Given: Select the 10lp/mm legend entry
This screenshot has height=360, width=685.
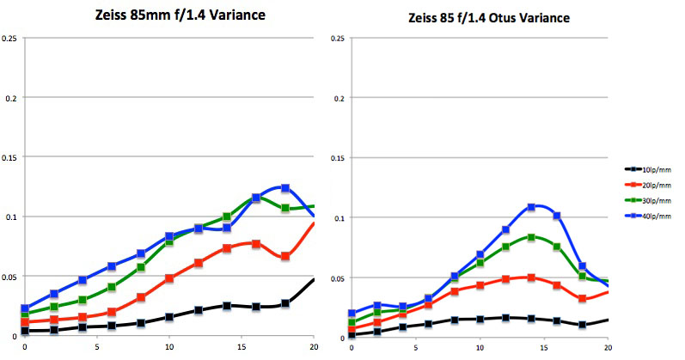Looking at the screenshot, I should pyautogui.click(x=651, y=169).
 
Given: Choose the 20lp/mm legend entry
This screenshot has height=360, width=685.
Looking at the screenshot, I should pyautogui.click(x=651, y=183).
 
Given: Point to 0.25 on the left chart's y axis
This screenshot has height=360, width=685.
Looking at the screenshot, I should pyautogui.click(x=10, y=39).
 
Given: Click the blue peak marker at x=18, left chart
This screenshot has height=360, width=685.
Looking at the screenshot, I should pyautogui.click(x=285, y=188).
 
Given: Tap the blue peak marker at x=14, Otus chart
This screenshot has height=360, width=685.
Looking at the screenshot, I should pyautogui.click(x=531, y=207).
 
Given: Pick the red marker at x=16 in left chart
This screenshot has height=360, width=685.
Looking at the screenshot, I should pyautogui.click(x=256, y=244).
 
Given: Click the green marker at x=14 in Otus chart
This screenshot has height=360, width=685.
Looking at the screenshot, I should pyautogui.click(x=531, y=237).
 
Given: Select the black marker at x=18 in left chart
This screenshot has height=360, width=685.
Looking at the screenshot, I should pyautogui.click(x=285, y=303).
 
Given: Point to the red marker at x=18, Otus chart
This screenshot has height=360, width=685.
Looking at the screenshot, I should pyautogui.click(x=583, y=299).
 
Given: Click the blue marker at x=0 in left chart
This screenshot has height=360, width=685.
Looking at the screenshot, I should pyautogui.click(x=24, y=308).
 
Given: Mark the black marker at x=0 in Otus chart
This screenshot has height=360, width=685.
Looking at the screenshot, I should pyautogui.click(x=327, y=335).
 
